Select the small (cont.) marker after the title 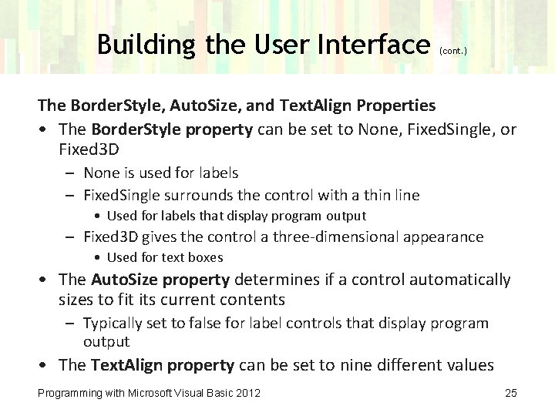point(452,51)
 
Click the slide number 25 point(510,394)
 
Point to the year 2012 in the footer point(247,394)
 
